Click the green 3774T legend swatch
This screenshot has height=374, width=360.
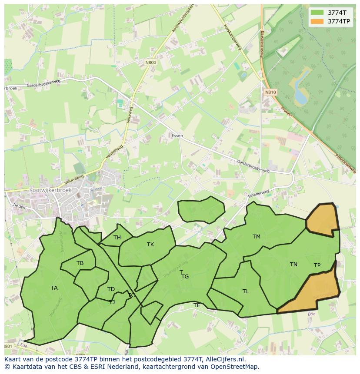(317, 13)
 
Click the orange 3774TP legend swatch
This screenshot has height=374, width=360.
(317, 21)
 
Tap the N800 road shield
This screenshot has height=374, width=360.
(150, 63)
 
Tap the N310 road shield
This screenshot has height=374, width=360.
(270, 92)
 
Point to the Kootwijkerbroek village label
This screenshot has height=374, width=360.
(50, 190)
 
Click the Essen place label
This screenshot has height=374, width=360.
(177, 136)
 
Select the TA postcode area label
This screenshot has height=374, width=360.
(54, 288)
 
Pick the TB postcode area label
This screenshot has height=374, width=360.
(80, 263)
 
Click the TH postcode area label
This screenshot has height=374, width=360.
(117, 238)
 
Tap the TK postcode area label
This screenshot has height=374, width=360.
(150, 245)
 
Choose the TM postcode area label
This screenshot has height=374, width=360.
(257, 237)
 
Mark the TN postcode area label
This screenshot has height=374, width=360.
(293, 265)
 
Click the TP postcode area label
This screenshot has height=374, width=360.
(317, 265)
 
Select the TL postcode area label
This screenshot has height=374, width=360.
(246, 291)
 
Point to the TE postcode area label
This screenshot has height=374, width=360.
(197, 305)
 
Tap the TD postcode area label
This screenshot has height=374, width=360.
(111, 289)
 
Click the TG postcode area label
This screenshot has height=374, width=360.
(185, 277)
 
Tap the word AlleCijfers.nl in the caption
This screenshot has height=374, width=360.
(225, 359)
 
